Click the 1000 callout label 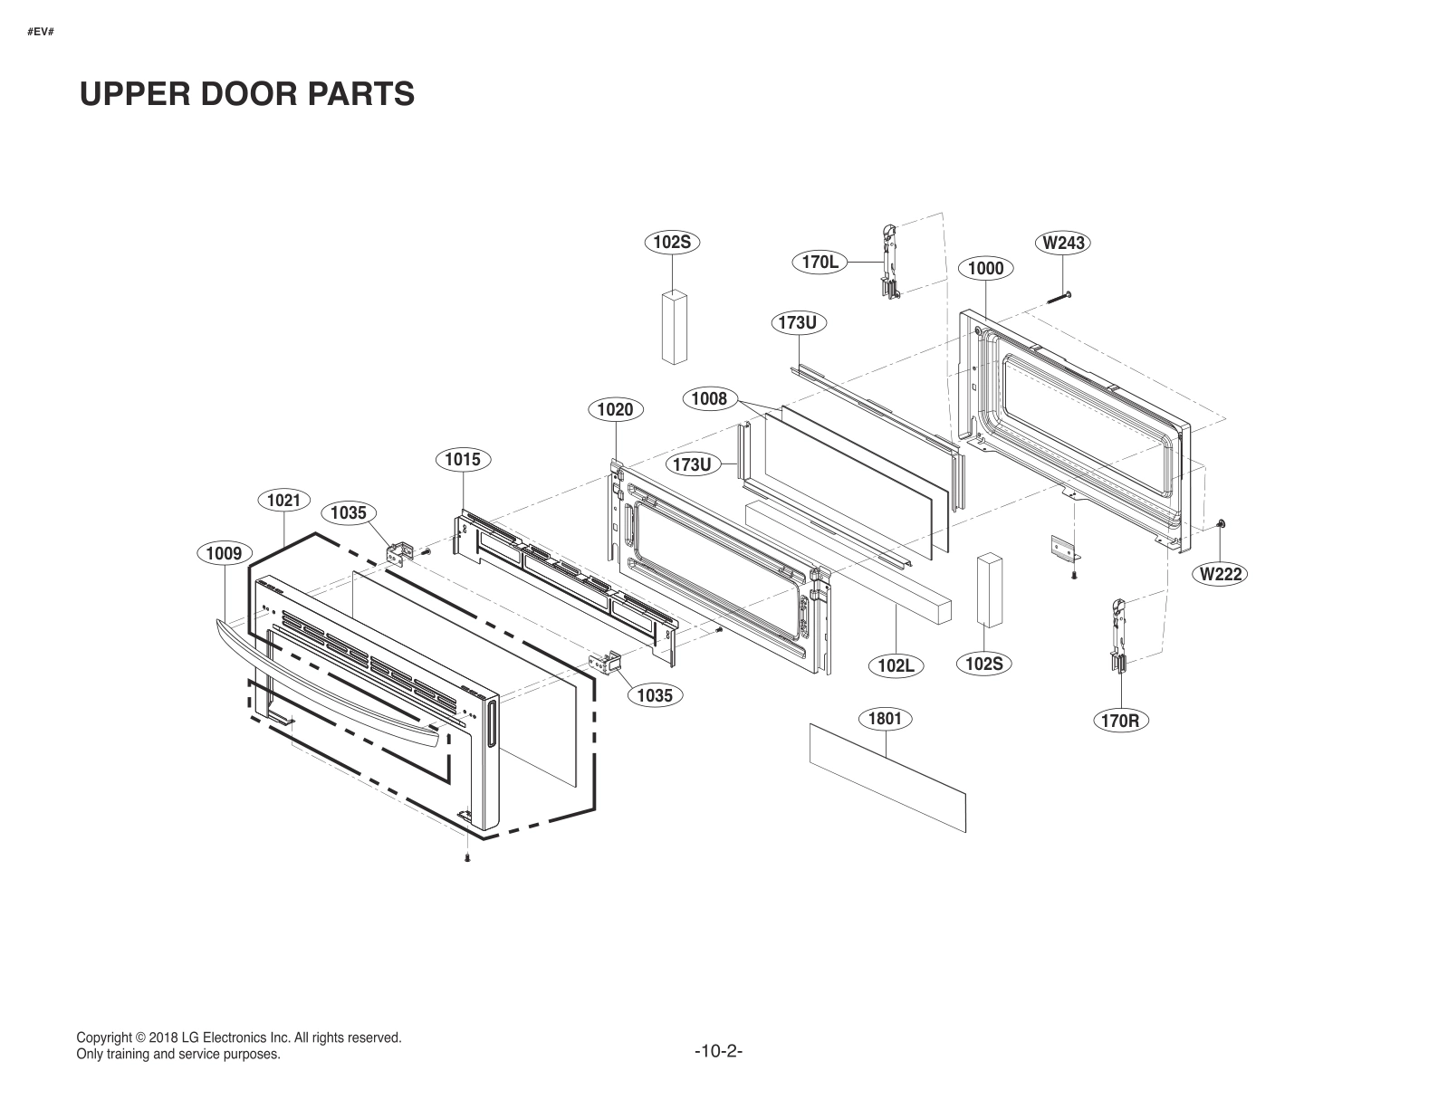(x=985, y=268)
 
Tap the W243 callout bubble (x=1062, y=243)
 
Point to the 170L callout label (x=820, y=263)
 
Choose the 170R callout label (x=1120, y=721)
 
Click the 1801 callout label (x=885, y=719)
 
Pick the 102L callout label (x=896, y=665)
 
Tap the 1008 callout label (x=709, y=398)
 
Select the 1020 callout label (x=615, y=410)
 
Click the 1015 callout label (x=463, y=460)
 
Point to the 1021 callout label (x=283, y=500)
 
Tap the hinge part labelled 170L (x=887, y=259)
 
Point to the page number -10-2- (x=719, y=1051)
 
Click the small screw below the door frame (x=466, y=856)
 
